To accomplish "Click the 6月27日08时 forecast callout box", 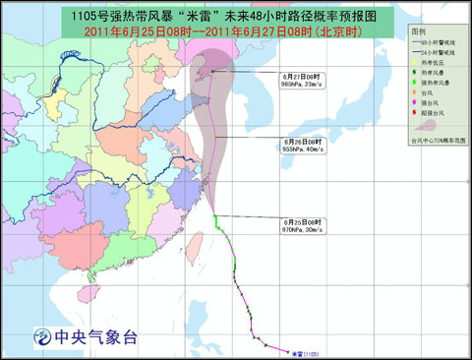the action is (300, 81).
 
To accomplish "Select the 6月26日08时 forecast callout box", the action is (300, 144).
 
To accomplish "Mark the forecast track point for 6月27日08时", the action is (206, 70).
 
